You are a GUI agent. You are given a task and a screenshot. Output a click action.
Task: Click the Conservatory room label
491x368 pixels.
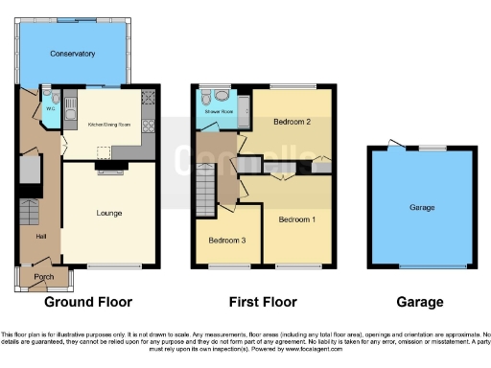75,54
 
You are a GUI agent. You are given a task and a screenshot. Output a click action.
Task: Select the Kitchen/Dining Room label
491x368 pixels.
108,125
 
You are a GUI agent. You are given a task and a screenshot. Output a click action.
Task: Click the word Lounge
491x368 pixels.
107,213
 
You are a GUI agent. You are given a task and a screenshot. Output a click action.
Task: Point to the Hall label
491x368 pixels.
29,236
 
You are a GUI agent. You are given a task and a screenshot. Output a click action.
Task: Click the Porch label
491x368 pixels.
44,277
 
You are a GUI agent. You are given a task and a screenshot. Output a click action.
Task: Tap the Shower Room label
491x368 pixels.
220,112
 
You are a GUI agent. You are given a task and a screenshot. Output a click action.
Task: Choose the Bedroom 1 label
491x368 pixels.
297,219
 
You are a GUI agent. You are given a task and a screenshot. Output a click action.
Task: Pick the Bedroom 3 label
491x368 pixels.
226,240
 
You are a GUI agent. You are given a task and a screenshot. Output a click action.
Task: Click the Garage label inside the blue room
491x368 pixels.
423,207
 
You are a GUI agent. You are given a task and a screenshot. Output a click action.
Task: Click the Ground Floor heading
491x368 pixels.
88,302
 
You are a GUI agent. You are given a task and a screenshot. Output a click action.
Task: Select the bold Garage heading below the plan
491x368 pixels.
423,302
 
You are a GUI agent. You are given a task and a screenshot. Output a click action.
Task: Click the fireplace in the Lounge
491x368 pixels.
107,170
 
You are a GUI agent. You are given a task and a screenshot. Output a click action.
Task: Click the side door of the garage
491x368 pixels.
393,146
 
